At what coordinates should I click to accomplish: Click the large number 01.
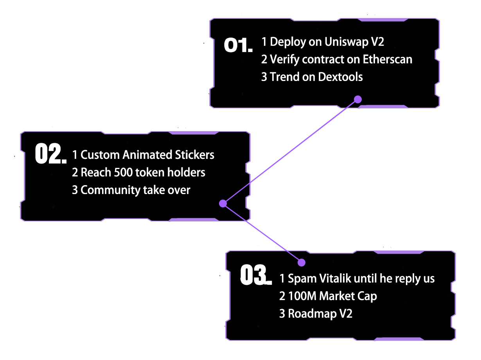pyautogui.click(x=238, y=45)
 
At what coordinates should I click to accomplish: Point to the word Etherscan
pyautogui.click(x=387, y=59)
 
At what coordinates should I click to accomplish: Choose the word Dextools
pyautogui.click(x=340, y=77)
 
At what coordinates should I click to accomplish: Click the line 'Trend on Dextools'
pyautogui.click(x=312, y=77)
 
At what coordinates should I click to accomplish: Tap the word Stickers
pyautogui.click(x=195, y=155)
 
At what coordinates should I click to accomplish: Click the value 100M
pyautogui.click(x=302, y=296)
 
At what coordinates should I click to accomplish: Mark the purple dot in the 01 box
pyautogui.click(x=357, y=99)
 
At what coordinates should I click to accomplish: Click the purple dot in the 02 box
pyautogui.click(x=223, y=203)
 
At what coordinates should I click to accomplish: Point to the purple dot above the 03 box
pyautogui.click(x=301, y=262)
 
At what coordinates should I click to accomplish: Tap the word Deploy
pyautogui.click(x=287, y=42)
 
